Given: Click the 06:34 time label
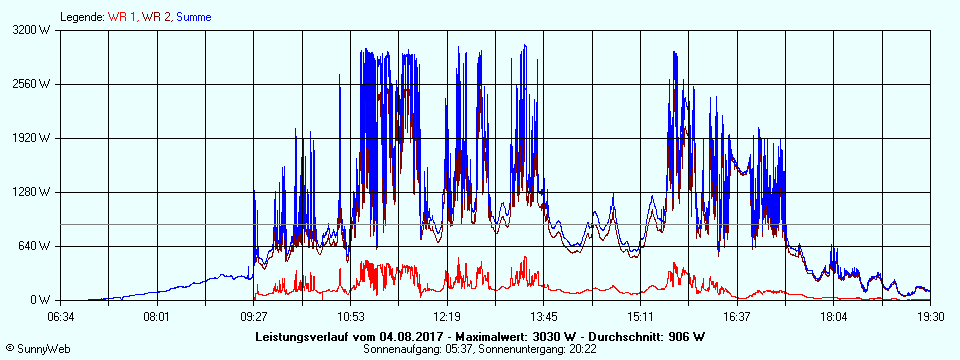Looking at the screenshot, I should tap(61, 317).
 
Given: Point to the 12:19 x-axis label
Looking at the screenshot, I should tap(447, 317).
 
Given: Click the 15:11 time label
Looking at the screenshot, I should tap(641, 317).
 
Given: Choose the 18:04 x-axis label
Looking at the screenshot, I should tap(834, 317).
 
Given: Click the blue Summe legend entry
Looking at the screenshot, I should tap(193, 17).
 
